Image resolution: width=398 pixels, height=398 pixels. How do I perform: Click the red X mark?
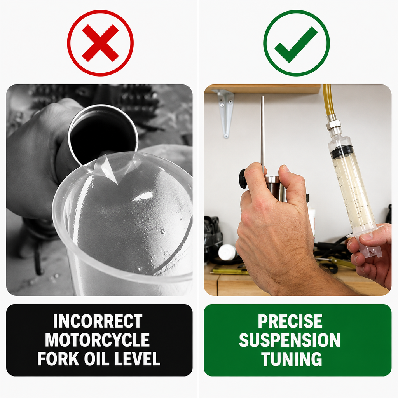(x=100, y=43)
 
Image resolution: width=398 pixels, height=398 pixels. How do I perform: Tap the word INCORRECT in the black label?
(x=98, y=321)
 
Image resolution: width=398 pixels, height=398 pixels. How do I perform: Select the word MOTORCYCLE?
(x=98, y=340)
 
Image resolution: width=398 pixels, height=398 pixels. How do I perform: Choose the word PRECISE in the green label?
(x=290, y=321)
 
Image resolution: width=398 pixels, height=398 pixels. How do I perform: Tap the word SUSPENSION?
(x=290, y=340)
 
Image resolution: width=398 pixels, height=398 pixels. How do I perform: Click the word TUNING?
(x=292, y=358)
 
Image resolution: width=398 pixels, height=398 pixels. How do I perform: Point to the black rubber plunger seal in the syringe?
(x=342, y=151)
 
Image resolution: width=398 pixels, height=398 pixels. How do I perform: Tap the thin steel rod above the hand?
(x=263, y=132)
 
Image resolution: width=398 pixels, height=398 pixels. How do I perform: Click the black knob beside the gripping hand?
(x=243, y=179)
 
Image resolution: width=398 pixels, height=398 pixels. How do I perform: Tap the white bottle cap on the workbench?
(x=227, y=253)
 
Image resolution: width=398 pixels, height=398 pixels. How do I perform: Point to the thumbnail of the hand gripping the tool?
(x=286, y=168)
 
